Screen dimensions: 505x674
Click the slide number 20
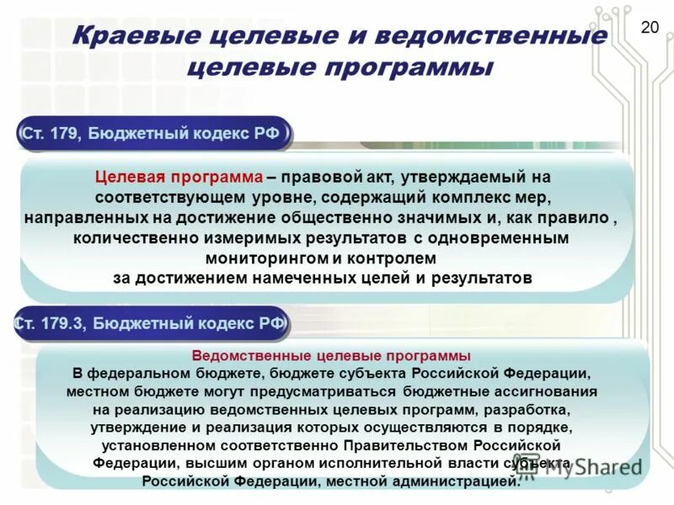tap(650, 28)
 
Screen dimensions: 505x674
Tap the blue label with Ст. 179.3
tap(151, 322)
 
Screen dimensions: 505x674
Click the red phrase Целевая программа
tap(179, 178)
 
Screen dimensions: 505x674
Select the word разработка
tap(523, 410)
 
